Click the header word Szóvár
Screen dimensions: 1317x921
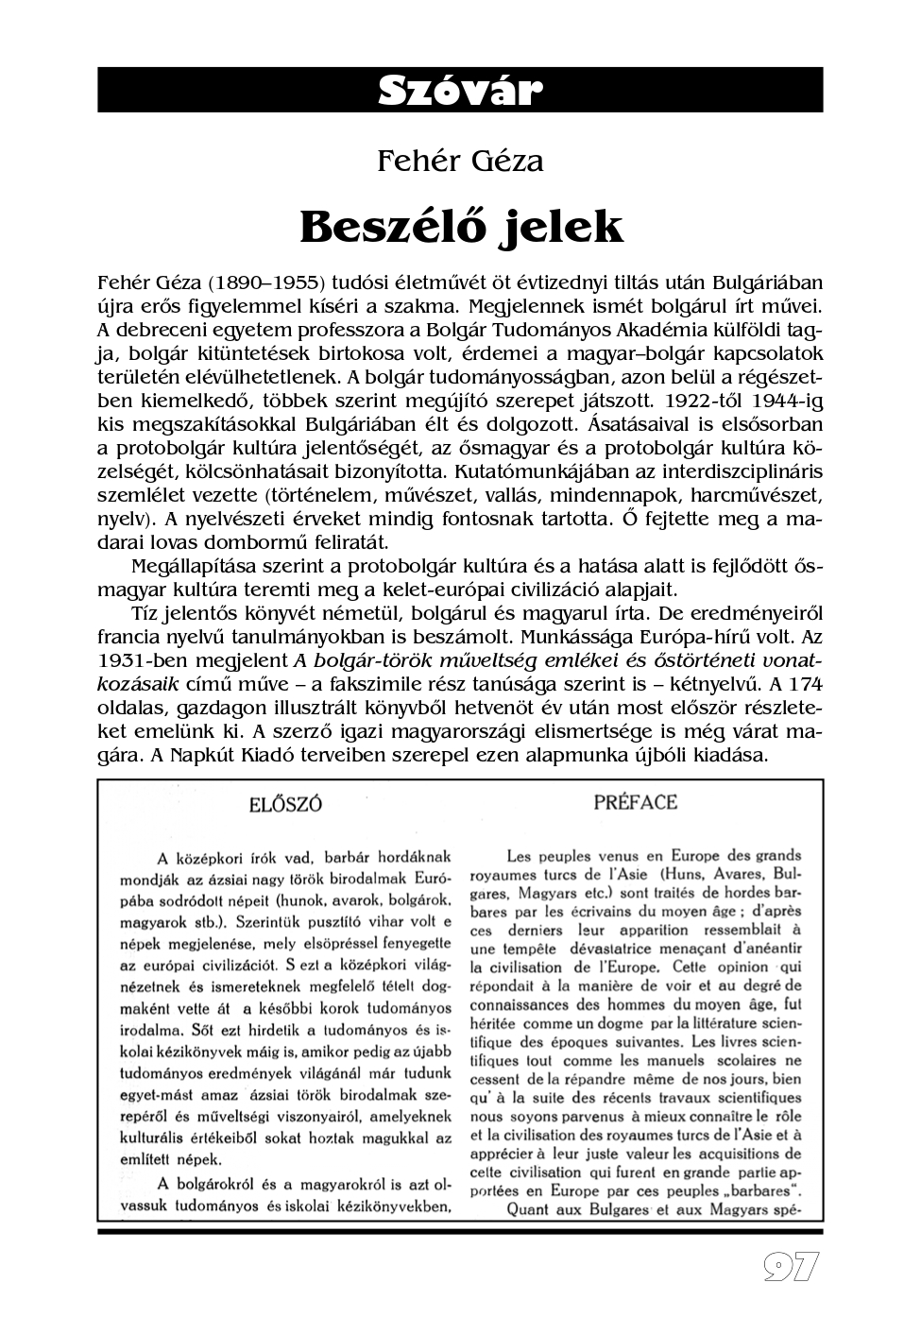point(460,91)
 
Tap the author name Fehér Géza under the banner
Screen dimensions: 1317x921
point(460,161)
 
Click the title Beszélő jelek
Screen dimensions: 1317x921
point(461,227)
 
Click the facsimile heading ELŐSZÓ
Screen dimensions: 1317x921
point(285,805)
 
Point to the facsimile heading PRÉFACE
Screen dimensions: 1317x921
point(636,803)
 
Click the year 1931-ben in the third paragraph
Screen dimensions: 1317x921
point(144,660)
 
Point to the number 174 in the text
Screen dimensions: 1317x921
point(800,684)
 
